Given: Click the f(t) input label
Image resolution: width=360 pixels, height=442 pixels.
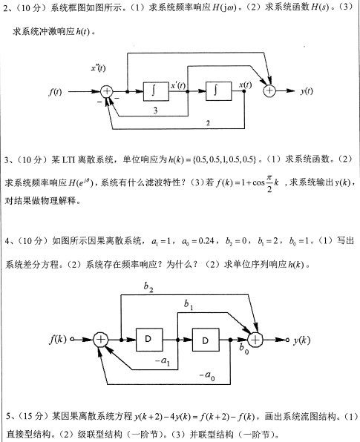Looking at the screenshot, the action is click(55, 92).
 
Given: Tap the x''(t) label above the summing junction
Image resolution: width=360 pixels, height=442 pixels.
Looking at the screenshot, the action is click(98, 68).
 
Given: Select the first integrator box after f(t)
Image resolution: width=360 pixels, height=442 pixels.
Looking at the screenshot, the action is click(156, 91).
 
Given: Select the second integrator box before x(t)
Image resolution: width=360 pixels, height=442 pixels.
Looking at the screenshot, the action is click(219, 91).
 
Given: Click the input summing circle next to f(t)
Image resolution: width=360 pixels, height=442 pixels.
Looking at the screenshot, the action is click(107, 91).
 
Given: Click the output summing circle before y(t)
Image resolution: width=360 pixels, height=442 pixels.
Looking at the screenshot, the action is click(269, 90).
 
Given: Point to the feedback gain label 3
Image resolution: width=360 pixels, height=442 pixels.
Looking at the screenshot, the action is click(155, 110).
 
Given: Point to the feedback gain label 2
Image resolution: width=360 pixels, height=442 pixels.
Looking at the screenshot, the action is click(208, 123).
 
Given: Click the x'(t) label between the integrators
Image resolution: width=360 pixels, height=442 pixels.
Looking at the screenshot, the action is click(178, 85).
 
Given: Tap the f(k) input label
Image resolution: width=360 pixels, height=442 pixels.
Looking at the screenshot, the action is click(58, 339).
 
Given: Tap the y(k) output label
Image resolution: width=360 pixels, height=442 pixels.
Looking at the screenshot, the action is click(301, 340).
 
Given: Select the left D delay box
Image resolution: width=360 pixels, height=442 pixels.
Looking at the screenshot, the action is click(149, 340).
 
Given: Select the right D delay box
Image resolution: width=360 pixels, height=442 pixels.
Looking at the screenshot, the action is click(206, 340).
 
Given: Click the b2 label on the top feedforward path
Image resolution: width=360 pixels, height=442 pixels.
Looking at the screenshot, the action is click(148, 287).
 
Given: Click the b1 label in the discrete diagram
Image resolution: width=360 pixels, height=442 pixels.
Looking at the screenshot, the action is click(189, 305).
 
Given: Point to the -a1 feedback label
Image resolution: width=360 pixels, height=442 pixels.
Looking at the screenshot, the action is click(163, 361).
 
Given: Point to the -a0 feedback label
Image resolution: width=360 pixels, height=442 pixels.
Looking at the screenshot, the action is click(207, 376).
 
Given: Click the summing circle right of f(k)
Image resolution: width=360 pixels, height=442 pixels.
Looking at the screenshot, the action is click(101, 340).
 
